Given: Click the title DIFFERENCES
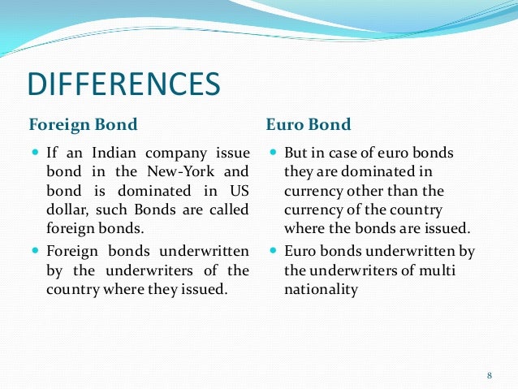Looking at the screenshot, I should coord(123,84).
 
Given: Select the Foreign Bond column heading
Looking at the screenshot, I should coord(83,125).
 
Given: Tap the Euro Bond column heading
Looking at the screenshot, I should coord(309,125).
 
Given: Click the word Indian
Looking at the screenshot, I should coord(101,153).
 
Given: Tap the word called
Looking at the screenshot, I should coord(229,210).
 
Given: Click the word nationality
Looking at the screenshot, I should coord(321,288).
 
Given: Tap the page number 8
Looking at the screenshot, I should coord(490,375).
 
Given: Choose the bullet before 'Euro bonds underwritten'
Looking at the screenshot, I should coord(273,251).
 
